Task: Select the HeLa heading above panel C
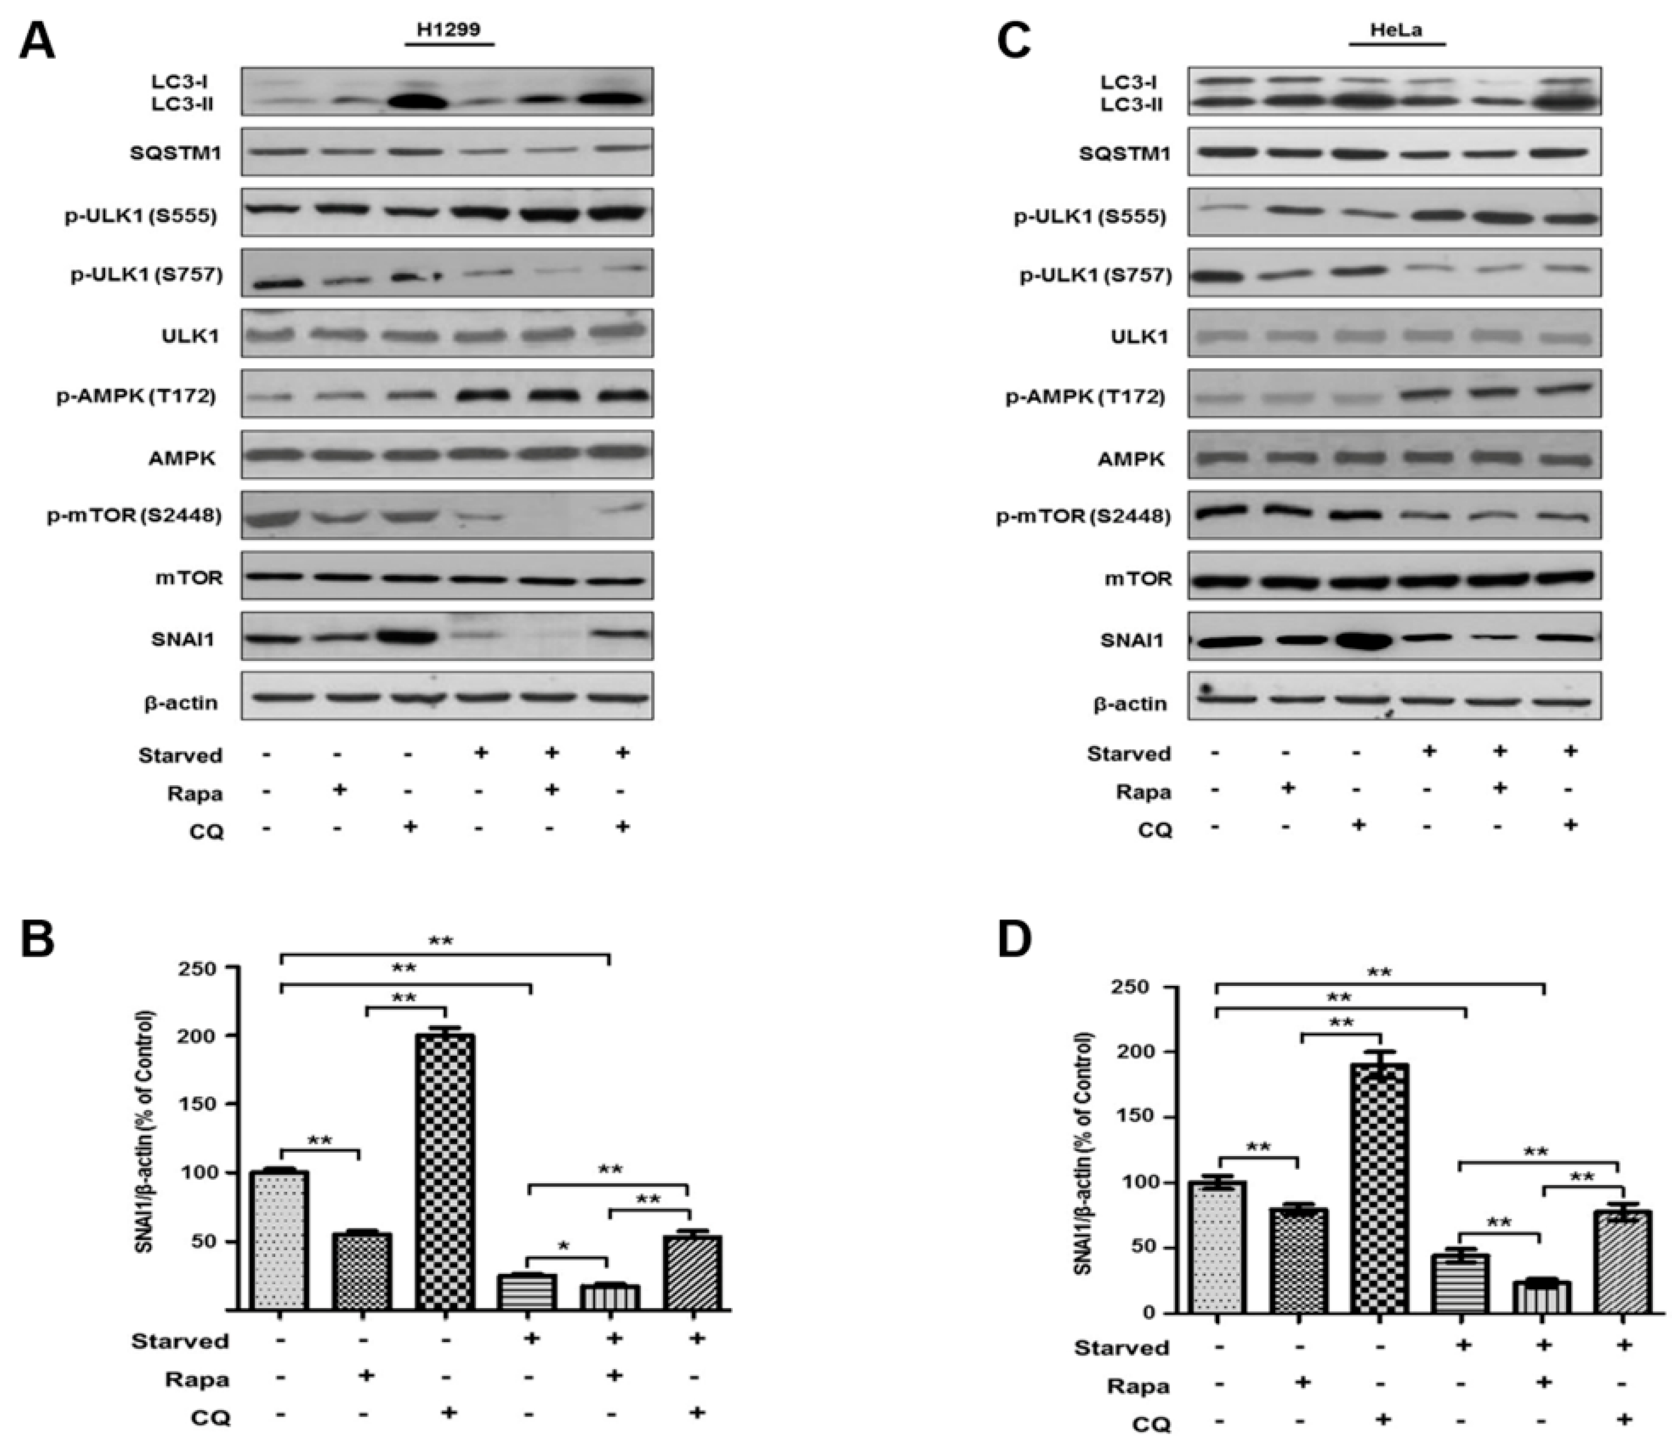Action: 1397,31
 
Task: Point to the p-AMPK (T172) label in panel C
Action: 1086,397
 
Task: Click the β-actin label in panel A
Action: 181,702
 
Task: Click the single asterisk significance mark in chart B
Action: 564,1247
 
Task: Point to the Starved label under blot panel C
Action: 1128,754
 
